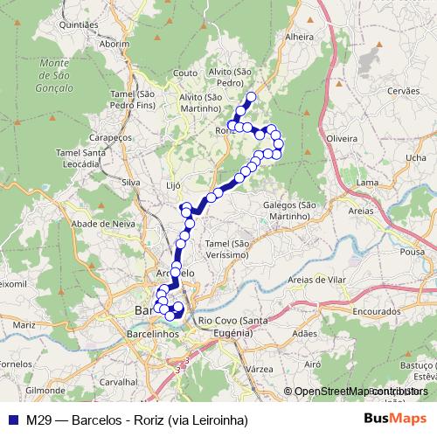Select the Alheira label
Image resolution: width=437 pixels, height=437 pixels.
pyautogui.click(x=299, y=38)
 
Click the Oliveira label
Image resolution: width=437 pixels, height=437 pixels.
pyautogui.click(x=341, y=139)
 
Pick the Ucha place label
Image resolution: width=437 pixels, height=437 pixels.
pyautogui.click(x=405, y=157)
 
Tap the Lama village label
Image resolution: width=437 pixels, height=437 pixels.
pyautogui.click(x=367, y=183)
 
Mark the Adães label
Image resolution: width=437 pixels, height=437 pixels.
pyautogui.click(x=304, y=334)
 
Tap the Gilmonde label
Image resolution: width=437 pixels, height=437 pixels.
pyautogui.click(x=42, y=390)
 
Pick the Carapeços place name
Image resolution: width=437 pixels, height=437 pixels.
pyautogui.click(x=112, y=138)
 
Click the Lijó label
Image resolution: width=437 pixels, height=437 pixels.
pyautogui.click(x=172, y=186)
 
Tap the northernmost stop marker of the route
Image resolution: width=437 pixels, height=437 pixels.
pyautogui.click(x=252, y=97)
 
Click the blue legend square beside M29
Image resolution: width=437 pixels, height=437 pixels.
pyautogui.click(x=11, y=420)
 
